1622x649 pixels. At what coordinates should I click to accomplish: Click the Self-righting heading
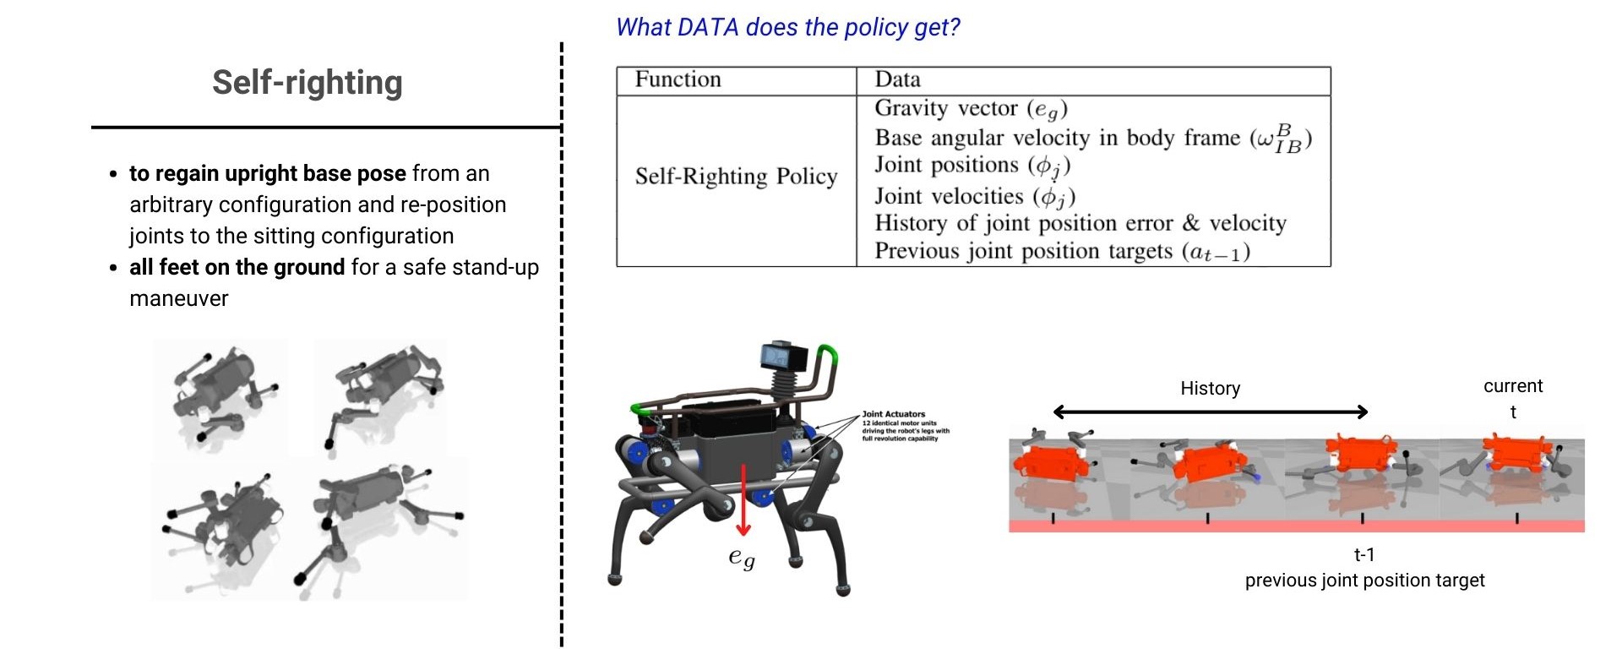point(307,83)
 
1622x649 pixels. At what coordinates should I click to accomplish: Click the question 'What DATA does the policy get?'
point(787,27)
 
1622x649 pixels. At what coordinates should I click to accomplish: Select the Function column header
point(678,79)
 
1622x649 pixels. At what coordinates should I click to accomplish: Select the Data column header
point(897,79)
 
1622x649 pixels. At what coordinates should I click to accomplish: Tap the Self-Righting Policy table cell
point(736,176)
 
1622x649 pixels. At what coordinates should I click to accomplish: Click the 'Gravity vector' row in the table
point(971,109)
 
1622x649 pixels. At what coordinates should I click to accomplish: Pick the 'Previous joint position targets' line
point(1062,251)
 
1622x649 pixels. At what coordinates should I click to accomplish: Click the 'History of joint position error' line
point(1080,223)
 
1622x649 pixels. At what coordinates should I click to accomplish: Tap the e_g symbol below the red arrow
point(741,558)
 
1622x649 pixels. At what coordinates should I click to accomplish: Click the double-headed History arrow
point(1210,412)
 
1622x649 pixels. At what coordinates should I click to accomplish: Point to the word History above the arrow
point(1210,389)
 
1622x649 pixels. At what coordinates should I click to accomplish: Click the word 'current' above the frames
point(1512,386)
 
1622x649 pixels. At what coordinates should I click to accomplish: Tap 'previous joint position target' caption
point(1364,581)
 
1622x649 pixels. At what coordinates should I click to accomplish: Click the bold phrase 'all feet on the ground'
point(237,267)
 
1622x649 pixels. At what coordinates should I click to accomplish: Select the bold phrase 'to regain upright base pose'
point(267,173)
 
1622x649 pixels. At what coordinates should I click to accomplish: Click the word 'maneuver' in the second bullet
point(178,298)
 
